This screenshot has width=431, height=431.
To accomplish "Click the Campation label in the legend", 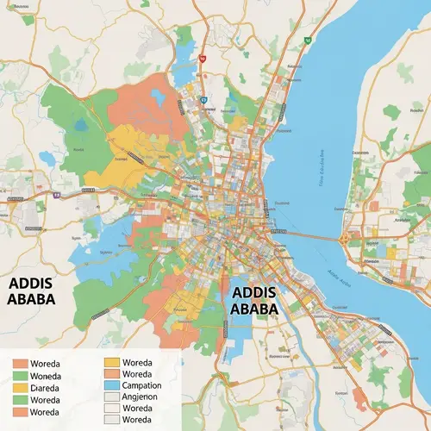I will point(147,385).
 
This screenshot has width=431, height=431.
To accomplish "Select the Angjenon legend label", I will point(144,397).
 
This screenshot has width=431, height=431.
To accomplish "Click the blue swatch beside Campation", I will point(111,385).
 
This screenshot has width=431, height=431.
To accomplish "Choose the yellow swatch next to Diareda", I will point(20,388).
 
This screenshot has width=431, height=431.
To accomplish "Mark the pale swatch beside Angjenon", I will point(111,397).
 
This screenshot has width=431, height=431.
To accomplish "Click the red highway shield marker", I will point(202,59).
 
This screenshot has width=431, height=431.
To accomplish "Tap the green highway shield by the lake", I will point(307,40).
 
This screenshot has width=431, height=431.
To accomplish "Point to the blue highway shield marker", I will point(203,99).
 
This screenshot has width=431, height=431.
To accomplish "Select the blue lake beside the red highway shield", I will point(185,69).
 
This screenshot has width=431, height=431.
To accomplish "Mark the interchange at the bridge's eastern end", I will point(346,238).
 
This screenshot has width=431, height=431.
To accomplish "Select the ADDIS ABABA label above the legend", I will point(31,291).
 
